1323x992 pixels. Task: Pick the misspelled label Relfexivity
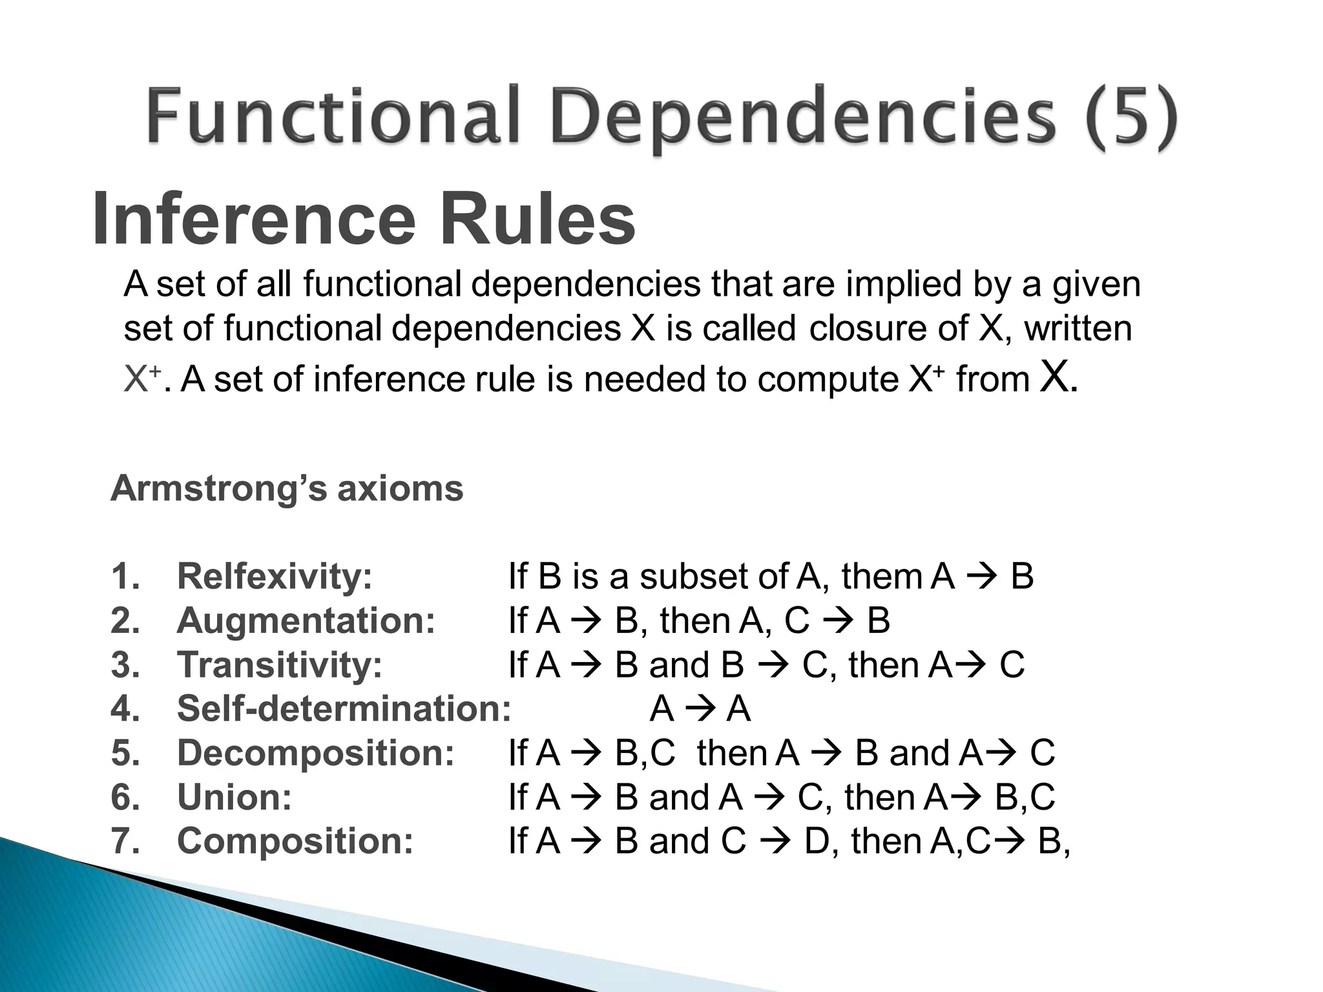(275, 576)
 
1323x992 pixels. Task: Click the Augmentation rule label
(306, 621)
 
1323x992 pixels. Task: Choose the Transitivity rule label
(280, 665)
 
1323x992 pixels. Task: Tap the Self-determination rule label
(344, 708)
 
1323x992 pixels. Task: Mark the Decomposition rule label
(316, 753)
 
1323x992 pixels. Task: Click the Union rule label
(234, 797)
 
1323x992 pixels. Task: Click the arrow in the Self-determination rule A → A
(700, 710)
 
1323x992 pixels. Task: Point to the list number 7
(125, 841)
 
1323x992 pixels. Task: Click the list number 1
(125, 576)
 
